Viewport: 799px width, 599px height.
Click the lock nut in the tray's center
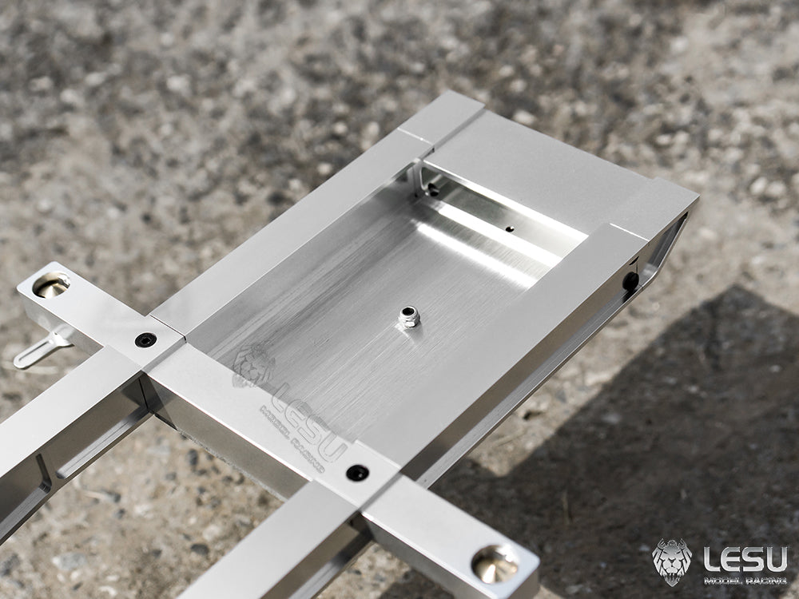(409, 317)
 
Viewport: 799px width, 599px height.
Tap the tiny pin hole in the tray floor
(509, 228)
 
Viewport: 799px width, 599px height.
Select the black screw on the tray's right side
(631, 280)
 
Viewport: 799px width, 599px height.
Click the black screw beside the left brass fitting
(145, 339)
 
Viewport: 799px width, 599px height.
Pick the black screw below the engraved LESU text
(357, 473)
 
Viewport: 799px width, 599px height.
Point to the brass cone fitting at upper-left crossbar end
(51, 284)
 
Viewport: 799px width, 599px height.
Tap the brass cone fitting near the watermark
(495, 564)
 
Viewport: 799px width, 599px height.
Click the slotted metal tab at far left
(41, 349)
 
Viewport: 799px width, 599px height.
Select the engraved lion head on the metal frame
(253, 365)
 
